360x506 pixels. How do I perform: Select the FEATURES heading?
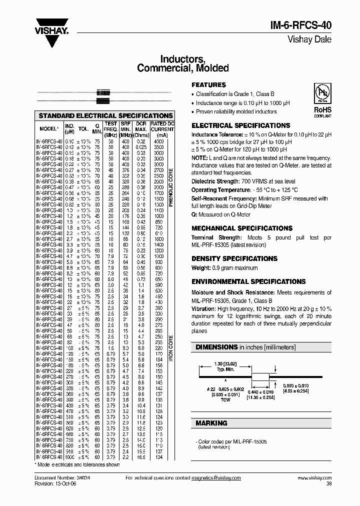click(x=209, y=85)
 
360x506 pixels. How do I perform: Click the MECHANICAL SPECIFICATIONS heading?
click(x=242, y=228)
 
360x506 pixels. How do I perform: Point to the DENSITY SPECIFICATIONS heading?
click(x=234, y=258)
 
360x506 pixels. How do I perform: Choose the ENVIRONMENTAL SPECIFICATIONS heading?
click(x=248, y=281)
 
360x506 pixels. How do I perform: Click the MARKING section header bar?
click(x=261, y=423)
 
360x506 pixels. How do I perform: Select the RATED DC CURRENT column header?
click(x=162, y=128)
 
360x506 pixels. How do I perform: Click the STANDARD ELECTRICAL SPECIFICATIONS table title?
click(x=105, y=115)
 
